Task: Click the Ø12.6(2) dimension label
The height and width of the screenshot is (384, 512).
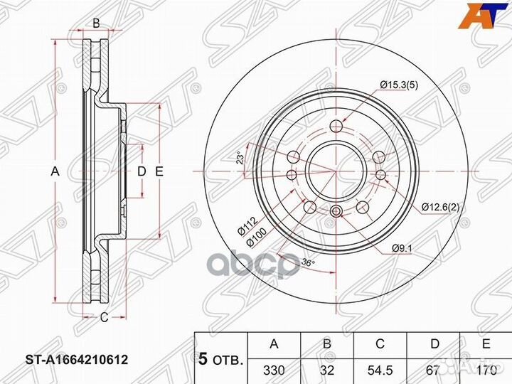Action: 440,208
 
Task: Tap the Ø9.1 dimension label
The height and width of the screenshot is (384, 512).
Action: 402,248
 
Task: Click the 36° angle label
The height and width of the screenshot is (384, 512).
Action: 307,262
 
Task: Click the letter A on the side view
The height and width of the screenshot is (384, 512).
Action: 54,171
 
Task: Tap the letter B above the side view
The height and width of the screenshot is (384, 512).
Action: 96,23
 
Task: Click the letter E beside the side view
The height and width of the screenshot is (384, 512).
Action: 159,171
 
